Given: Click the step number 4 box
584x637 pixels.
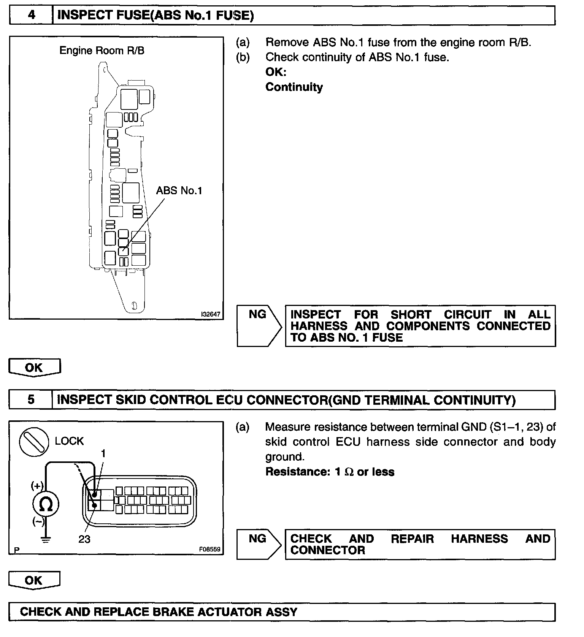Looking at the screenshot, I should coord(31,15).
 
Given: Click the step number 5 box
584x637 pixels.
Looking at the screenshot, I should coord(31,399).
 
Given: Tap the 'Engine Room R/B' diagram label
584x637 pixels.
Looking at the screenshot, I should coord(102,51).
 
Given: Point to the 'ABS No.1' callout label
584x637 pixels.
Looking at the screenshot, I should coord(179,190).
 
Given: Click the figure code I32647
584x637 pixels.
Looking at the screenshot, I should coord(211,314).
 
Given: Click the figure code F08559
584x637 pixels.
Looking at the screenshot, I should coord(209,549).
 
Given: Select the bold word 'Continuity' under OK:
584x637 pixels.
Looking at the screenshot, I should coord(294,87).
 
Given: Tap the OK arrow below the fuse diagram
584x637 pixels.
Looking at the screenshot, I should coord(34,368).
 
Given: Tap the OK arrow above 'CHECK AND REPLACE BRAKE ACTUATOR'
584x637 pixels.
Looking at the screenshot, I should coord(34,580).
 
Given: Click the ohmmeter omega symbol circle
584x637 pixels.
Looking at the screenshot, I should coord(46,505).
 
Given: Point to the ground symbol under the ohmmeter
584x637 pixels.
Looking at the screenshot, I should coord(46,540).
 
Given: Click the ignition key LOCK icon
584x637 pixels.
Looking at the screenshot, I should coord(34,442).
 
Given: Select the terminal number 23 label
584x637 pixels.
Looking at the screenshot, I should coord(84,539).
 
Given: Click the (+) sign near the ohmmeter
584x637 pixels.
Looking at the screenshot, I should coord(37,485).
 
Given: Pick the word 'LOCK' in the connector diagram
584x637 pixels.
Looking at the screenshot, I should coord(69,441).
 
